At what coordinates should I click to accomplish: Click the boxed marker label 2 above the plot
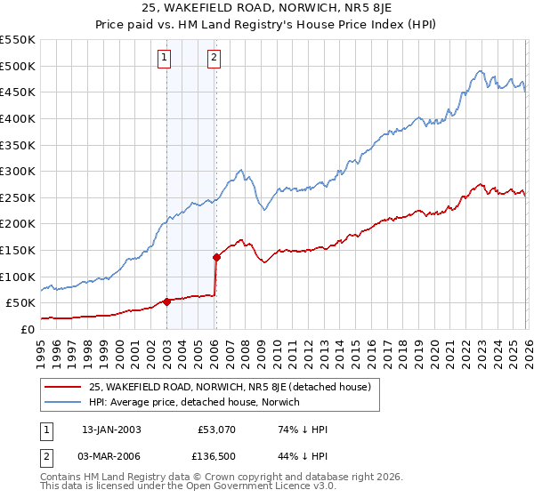[215, 59]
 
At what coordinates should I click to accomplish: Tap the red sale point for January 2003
[166, 301]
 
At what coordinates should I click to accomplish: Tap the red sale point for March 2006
[216, 257]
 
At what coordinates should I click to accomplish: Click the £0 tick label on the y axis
[26, 329]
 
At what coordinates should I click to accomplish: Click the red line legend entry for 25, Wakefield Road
[235, 387]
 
